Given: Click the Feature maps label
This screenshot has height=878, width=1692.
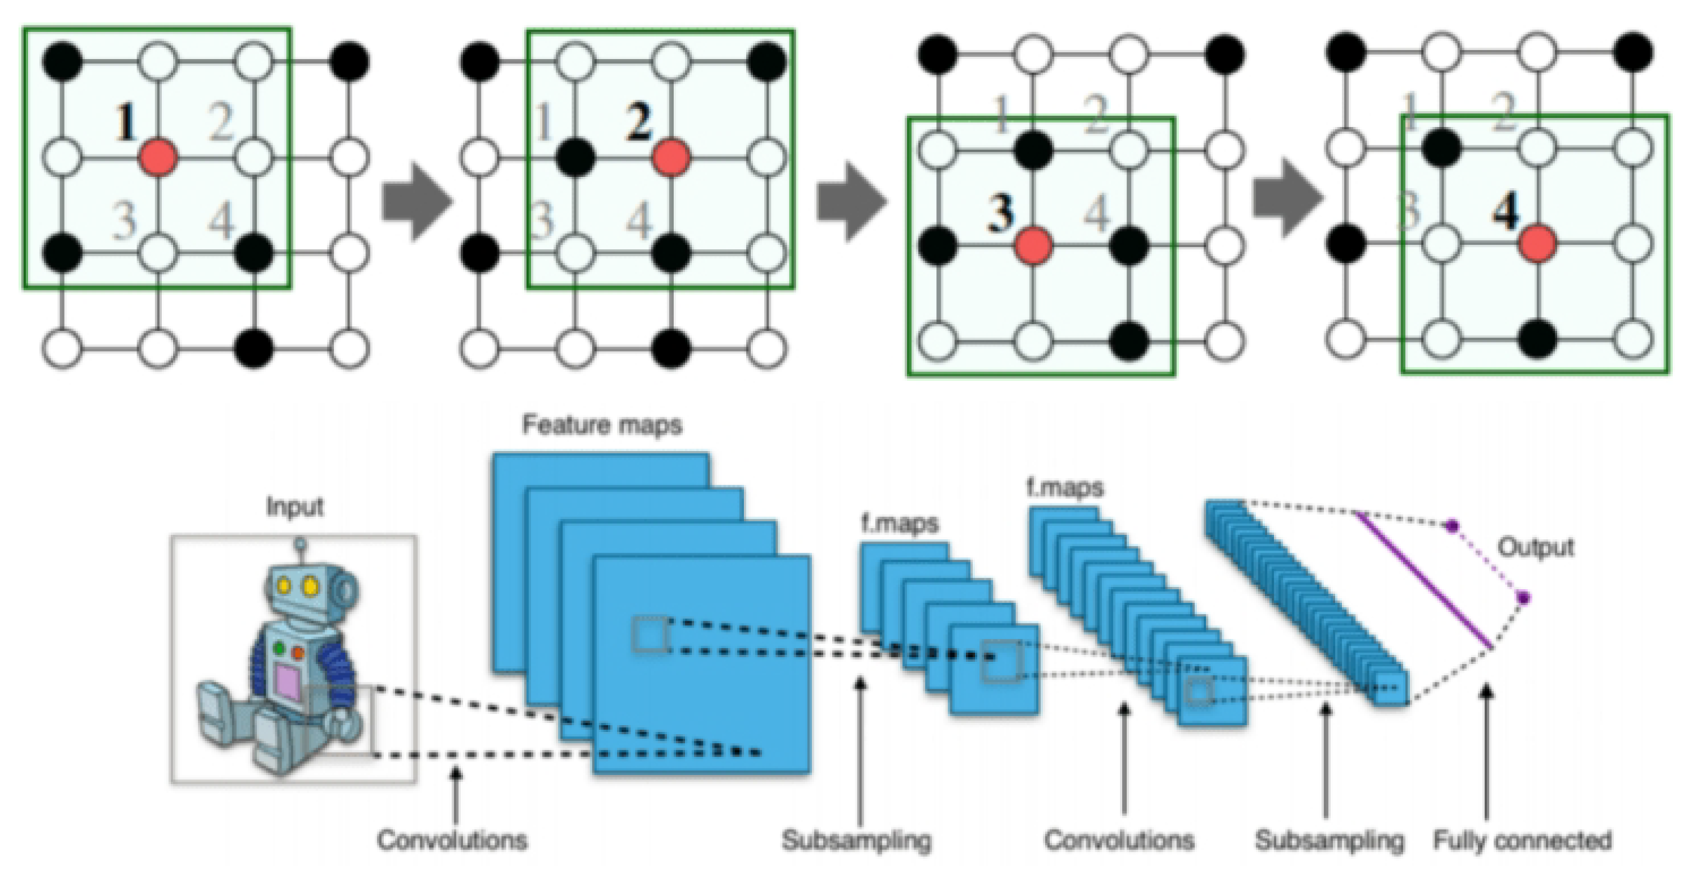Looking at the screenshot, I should pos(602,426).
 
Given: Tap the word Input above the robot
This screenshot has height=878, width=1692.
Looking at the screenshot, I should pos(294,507).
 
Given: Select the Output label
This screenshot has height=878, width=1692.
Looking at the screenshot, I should pos(1536,547).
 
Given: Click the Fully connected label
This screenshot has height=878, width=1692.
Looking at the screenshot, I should pos(1522,840).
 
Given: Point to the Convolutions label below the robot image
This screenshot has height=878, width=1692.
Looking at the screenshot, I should pos(452,840).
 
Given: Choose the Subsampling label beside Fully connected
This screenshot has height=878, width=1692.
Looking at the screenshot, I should pos(1329,840).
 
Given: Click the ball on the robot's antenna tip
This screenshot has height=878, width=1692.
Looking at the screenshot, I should pos(300,544).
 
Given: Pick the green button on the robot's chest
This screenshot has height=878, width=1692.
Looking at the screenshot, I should pos(279,649).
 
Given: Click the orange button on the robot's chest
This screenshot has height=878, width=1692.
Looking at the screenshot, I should pos(297,653).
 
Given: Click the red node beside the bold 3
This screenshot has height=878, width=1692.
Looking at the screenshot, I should pos(1033,245).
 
